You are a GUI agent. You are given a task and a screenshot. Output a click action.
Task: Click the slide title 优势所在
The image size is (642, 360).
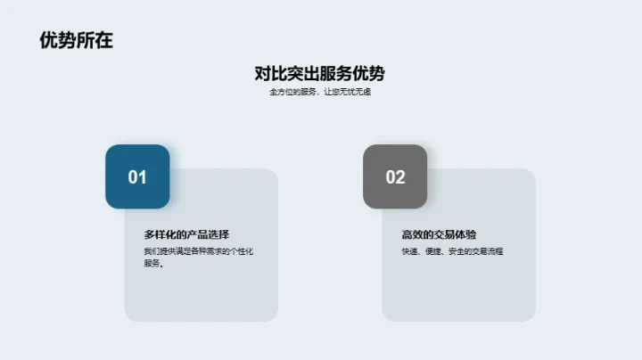click(77, 41)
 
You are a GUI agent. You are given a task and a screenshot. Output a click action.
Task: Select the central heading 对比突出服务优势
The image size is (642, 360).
click(319, 74)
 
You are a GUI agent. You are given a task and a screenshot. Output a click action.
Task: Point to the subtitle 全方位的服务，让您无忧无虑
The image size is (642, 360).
click(319, 92)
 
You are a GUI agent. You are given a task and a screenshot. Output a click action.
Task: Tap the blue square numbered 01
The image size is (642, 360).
click(137, 176)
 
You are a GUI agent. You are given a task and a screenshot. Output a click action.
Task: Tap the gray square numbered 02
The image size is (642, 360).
click(395, 176)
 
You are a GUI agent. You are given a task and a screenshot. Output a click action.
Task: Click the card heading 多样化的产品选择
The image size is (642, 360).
click(187, 234)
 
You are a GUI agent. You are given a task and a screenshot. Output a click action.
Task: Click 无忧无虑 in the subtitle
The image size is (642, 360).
click(355, 92)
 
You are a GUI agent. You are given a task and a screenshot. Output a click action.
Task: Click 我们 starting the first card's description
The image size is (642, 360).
click(150, 251)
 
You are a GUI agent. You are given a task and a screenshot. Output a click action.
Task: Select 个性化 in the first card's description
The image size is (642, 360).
click(243, 251)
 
